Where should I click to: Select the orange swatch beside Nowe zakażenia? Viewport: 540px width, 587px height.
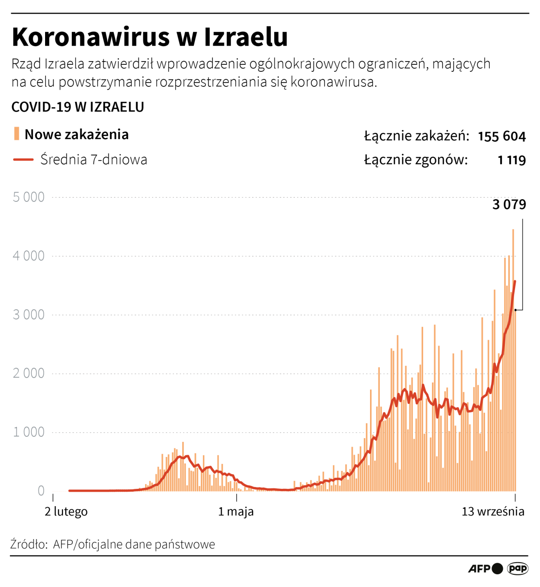click(x=16, y=134)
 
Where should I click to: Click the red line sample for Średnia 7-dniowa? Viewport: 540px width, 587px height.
click(x=23, y=160)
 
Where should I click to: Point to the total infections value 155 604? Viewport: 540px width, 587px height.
click(x=501, y=137)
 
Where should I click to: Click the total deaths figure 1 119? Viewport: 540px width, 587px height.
click(x=511, y=161)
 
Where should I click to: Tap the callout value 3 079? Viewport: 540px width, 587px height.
click(x=509, y=205)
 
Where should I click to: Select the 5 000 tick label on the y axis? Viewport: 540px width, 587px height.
click(x=29, y=197)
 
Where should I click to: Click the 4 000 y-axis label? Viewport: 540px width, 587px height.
click(x=29, y=256)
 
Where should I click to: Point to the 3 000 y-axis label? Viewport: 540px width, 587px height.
click(x=29, y=315)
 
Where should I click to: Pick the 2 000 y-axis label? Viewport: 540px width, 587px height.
click(x=29, y=373)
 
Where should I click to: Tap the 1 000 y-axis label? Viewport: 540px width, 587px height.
click(x=29, y=432)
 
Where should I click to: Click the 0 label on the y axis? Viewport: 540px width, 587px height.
click(x=41, y=491)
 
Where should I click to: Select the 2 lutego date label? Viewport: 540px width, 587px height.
click(x=66, y=512)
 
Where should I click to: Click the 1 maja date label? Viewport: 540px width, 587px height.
click(x=236, y=512)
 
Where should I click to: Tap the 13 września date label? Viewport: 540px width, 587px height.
click(x=493, y=512)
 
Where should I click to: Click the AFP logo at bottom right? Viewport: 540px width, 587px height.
click(x=479, y=569)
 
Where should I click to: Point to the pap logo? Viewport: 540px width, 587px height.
click(x=517, y=569)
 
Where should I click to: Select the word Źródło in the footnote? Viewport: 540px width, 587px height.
click(x=28, y=545)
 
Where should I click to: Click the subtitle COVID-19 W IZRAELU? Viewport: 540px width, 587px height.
click(x=77, y=107)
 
